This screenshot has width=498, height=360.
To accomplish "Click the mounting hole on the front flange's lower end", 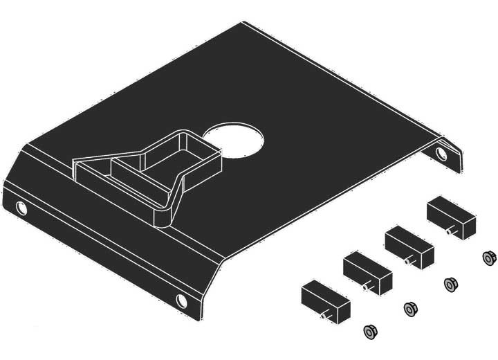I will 182,300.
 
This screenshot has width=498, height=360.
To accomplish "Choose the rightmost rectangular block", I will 450,216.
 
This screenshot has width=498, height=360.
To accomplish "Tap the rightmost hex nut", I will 489,258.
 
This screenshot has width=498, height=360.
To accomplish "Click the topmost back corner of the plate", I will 243,23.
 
